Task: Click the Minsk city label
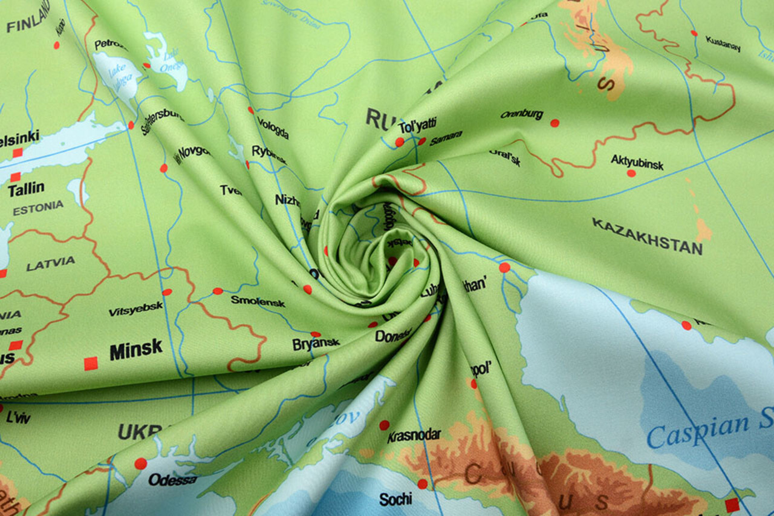(x=136, y=350)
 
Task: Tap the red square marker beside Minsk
(x=91, y=363)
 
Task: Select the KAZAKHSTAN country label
(x=647, y=236)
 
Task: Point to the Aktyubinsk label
(x=637, y=162)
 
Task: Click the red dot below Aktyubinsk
(x=631, y=173)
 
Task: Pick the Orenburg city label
(x=521, y=114)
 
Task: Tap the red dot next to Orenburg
(x=554, y=123)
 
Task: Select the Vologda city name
(x=273, y=128)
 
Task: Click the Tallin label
(x=26, y=189)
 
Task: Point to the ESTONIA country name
(x=38, y=208)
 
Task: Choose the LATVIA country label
(x=51, y=263)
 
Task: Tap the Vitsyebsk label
(x=135, y=309)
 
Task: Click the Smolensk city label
(x=258, y=301)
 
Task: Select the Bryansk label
(x=316, y=344)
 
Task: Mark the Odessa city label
(x=173, y=480)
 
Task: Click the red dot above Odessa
(x=140, y=463)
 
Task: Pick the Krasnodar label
(x=414, y=436)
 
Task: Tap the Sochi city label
(x=395, y=499)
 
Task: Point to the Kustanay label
(x=723, y=44)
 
